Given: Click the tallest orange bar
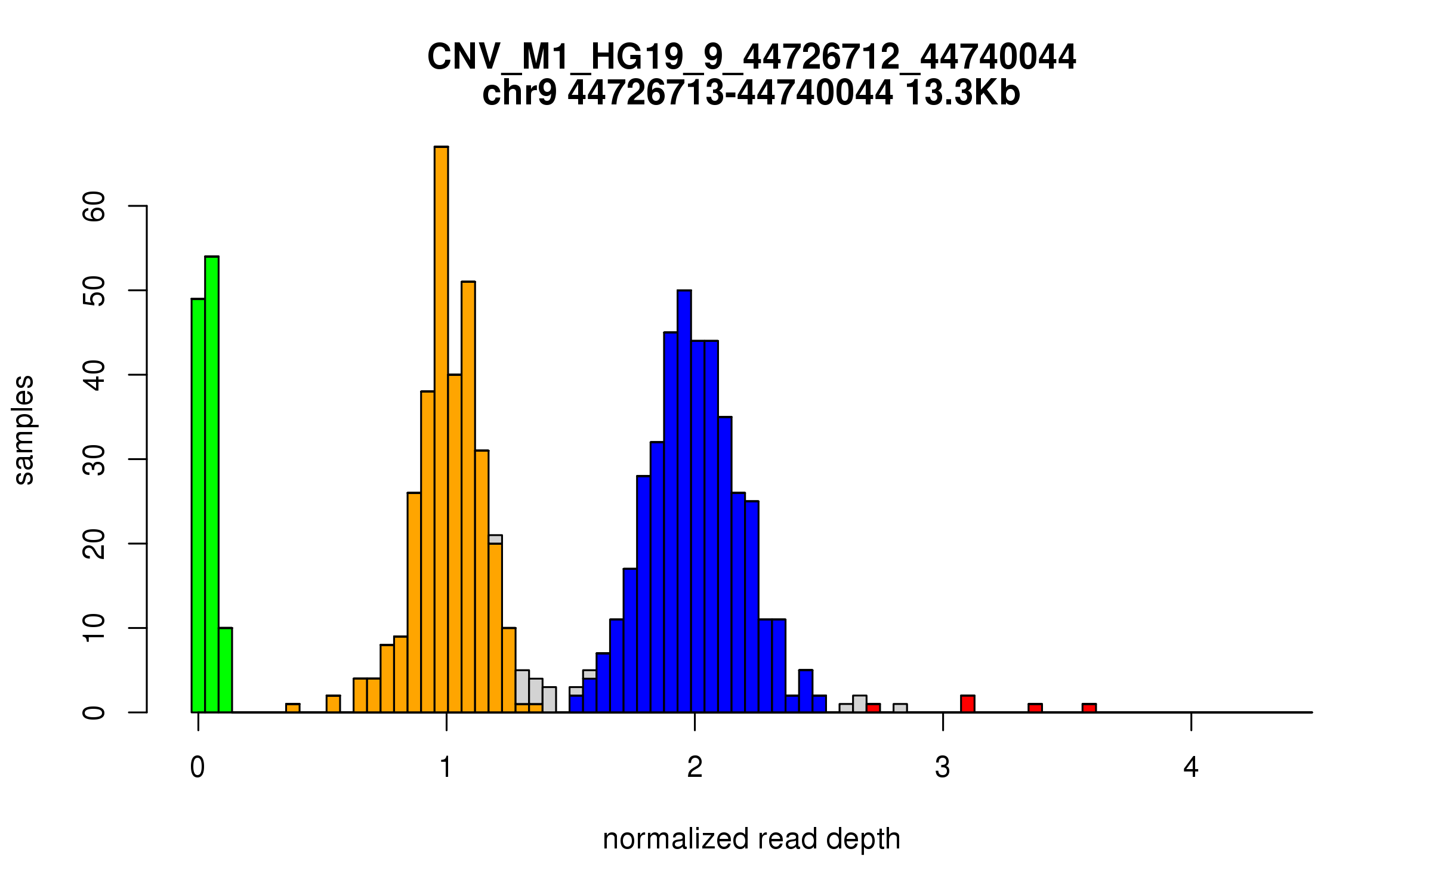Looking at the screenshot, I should (x=441, y=430).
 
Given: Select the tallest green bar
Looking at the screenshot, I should (x=212, y=483).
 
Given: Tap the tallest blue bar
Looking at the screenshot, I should (x=684, y=501).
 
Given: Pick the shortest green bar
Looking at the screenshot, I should (x=226, y=669).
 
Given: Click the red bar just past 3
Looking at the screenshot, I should (x=968, y=704).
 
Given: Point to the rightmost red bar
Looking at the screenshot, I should (x=1089, y=708).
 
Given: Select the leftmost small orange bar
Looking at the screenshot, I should (x=292, y=708).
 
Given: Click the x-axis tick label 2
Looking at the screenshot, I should (x=695, y=767).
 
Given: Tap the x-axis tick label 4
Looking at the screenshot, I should (x=1191, y=767).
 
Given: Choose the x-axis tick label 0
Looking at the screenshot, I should (x=197, y=767).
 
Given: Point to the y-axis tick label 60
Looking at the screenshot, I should (x=94, y=206).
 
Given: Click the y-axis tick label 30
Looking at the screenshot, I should (x=94, y=459).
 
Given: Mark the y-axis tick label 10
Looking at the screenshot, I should (x=94, y=628).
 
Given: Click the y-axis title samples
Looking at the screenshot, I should (x=24, y=430).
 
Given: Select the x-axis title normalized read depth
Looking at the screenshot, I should (x=751, y=839).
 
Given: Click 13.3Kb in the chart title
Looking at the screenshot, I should (x=962, y=93).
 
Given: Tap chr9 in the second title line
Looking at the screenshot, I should (x=519, y=93).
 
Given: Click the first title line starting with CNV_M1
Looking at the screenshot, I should (x=751, y=57).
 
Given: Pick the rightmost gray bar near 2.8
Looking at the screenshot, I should (x=900, y=708).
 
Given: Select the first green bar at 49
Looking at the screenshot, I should (x=198, y=505).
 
